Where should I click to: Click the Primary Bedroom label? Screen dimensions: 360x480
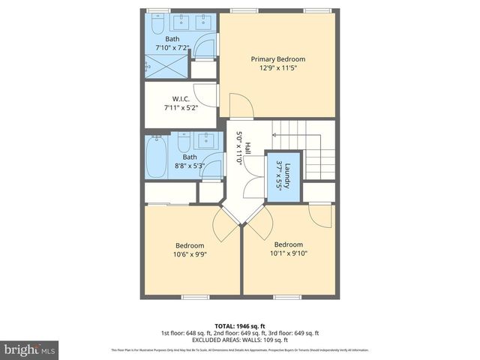(x=278, y=59)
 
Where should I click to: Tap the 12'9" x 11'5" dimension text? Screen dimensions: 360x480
(x=278, y=68)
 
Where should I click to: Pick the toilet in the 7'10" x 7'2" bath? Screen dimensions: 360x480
(x=155, y=27)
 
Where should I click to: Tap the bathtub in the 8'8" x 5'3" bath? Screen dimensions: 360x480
(x=157, y=157)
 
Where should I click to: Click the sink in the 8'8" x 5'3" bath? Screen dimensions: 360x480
(x=206, y=139)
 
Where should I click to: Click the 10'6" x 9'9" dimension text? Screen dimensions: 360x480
(x=190, y=254)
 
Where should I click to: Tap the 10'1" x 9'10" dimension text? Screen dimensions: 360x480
(x=288, y=253)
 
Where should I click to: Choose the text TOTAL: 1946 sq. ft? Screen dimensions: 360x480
(x=239, y=325)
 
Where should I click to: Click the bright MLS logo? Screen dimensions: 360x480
(x=30, y=349)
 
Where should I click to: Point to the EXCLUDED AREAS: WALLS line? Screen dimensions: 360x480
(x=239, y=340)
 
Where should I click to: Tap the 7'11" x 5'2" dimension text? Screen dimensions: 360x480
(x=180, y=107)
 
